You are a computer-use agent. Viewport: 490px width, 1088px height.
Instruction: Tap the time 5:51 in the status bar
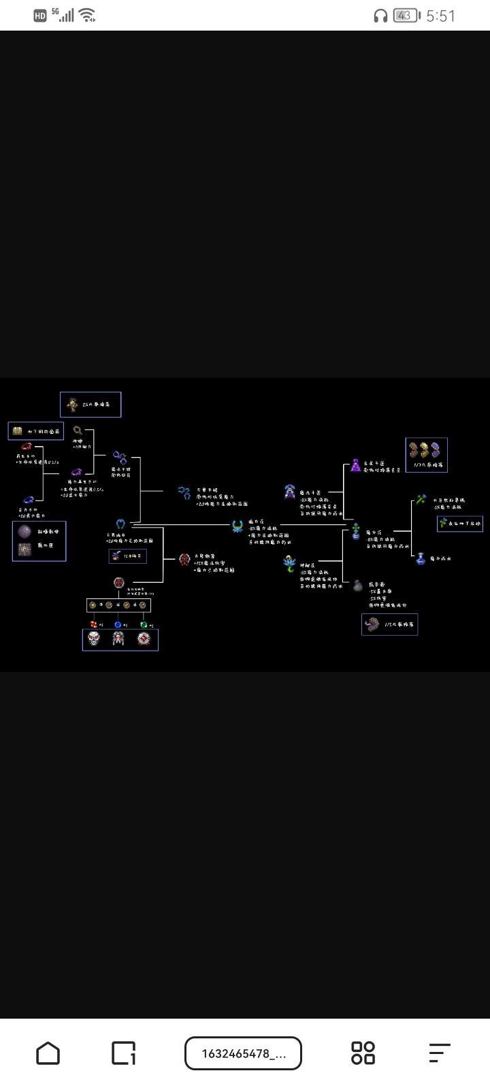(440, 16)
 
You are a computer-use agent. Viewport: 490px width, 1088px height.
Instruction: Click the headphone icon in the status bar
(380, 16)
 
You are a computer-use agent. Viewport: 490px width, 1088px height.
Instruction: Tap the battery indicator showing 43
(406, 16)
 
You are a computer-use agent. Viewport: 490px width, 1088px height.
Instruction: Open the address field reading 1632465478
(243, 1053)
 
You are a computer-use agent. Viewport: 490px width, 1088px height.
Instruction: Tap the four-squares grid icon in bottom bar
(363, 1053)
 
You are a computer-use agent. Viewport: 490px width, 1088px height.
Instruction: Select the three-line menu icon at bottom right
(440, 1053)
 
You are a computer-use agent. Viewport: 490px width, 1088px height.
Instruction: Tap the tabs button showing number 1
(123, 1053)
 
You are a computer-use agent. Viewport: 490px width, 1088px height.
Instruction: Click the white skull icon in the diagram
(94, 639)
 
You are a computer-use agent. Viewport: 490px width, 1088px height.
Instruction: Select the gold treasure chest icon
(18, 431)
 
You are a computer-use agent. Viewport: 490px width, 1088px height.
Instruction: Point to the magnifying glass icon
(78, 430)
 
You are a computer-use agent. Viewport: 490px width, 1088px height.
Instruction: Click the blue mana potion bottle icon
(420, 558)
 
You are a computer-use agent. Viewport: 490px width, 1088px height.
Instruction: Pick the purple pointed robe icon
(355, 465)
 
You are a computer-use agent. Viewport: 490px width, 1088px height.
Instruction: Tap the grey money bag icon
(357, 585)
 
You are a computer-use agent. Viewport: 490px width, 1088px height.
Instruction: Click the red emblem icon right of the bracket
(184, 559)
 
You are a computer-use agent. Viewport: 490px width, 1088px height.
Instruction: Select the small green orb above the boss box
(143, 624)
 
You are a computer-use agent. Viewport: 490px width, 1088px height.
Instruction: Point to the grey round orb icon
(24, 531)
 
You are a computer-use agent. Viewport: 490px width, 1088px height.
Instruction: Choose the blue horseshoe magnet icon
(120, 524)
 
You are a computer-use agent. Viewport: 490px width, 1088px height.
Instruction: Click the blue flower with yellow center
(290, 562)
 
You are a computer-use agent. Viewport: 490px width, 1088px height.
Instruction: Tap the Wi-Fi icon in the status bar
(86, 15)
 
